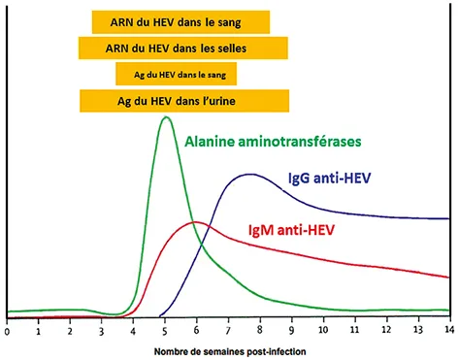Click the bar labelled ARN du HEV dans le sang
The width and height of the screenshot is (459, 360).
(x=180, y=22)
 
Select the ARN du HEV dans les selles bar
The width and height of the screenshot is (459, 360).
(x=183, y=48)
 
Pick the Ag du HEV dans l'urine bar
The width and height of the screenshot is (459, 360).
(x=183, y=100)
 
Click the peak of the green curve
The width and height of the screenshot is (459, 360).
(x=166, y=117)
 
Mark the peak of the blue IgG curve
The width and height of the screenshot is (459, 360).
(x=251, y=175)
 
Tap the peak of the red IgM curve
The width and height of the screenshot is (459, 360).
(x=195, y=222)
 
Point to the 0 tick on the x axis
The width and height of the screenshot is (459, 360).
(x=7, y=330)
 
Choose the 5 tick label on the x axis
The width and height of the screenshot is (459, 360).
(x=165, y=330)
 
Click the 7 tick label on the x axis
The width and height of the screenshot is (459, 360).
(x=228, y=330)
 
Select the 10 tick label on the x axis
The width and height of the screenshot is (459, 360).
(x=323, y=330)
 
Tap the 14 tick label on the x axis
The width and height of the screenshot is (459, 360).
(x=449, y=330)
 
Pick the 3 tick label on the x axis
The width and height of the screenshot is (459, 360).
(x=102, y=330)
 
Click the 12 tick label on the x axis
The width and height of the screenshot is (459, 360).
(x=386, y=330)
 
